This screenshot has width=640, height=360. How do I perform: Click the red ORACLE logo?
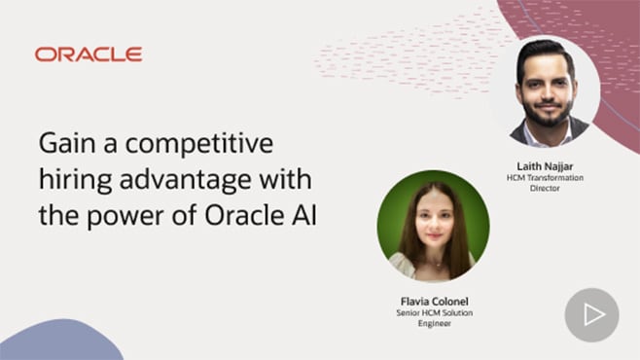(89, 54)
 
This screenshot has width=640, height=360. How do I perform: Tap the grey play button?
(591, 314)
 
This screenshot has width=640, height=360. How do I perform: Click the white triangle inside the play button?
(593, 314)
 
